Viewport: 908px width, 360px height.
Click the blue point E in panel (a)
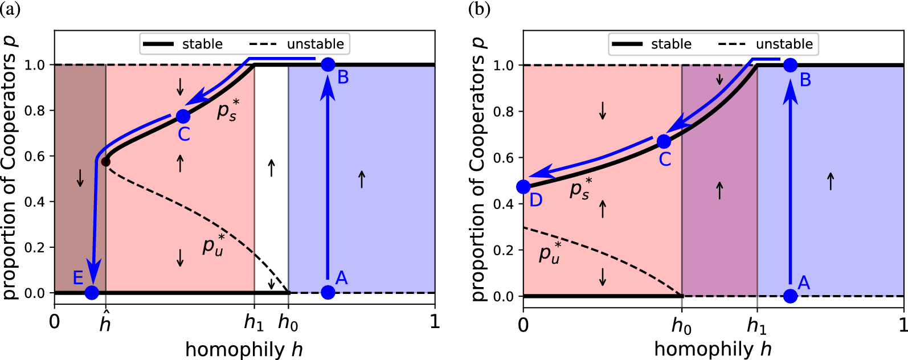(92, 293)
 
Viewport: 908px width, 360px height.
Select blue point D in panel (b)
(523, 186)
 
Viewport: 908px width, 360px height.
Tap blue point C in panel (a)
(183, 116)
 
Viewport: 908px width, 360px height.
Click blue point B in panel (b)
(790, 66)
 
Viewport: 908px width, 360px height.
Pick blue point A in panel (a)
(328, 293)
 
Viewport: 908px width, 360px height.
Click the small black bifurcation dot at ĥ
(105, 162)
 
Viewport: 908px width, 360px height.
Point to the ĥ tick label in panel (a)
(105, 323)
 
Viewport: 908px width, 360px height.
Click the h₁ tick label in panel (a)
(253, 323)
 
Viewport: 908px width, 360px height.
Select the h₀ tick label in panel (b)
(681, 326)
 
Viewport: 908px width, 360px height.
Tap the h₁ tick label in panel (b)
(756, 326)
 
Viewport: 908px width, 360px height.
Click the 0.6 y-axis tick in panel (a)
(35, 156)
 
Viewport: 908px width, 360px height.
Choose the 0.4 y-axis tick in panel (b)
(504, 204)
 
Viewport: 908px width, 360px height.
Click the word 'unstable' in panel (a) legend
(315, 44)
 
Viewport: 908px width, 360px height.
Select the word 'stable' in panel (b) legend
(671, 44)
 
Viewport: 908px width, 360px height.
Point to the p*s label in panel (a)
(228, 110)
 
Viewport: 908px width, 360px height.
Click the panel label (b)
(478, 10)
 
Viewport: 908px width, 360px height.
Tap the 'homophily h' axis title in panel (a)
(244, 349)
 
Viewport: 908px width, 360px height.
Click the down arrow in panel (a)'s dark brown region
(80, 178)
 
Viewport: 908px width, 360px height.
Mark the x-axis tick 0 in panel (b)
(523, 325)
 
